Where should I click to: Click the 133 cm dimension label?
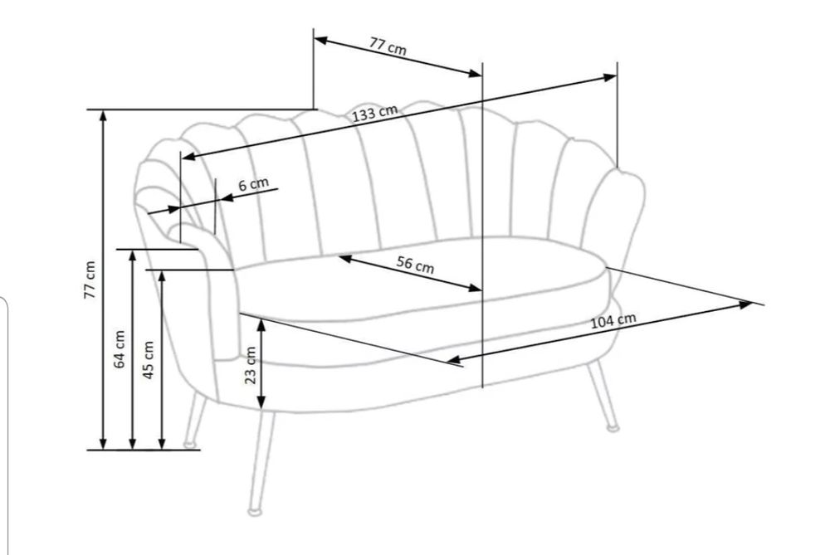point(375,113)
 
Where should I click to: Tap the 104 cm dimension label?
point(613,320)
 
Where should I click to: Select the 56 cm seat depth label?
point(416,264)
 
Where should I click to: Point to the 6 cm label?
point(253,184)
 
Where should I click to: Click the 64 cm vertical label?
point(120,349)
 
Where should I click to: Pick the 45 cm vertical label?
point(149,360)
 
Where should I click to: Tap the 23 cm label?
point(251,365)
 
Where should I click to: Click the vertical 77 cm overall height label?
point(90,280)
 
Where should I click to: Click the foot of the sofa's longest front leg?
point(255,512)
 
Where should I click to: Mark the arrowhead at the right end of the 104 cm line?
point(745,304)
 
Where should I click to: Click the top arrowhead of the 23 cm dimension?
point(261,324)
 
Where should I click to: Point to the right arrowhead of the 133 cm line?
point(609,78)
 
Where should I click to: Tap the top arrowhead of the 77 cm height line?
point(103,118)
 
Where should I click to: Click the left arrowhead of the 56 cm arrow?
point(345,258)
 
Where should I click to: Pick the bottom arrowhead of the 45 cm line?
point(162,442)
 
